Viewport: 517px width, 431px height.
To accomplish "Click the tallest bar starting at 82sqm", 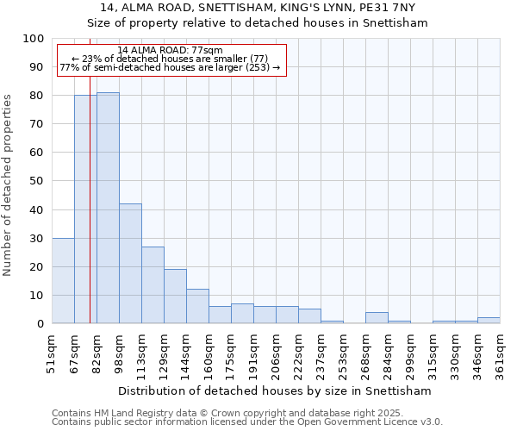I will [108, 208].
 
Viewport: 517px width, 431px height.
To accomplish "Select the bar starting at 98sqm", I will [130, 264].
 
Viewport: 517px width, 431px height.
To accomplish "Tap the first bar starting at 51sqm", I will [63, 281].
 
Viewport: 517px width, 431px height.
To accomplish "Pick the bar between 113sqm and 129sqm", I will [153, 285].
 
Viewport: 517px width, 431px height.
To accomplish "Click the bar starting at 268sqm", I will [377, 318].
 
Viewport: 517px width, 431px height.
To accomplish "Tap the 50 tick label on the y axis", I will [37, 181].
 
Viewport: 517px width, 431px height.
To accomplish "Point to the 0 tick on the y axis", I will [40, 323].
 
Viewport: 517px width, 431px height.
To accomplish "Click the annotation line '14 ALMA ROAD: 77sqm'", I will [170, 51].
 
